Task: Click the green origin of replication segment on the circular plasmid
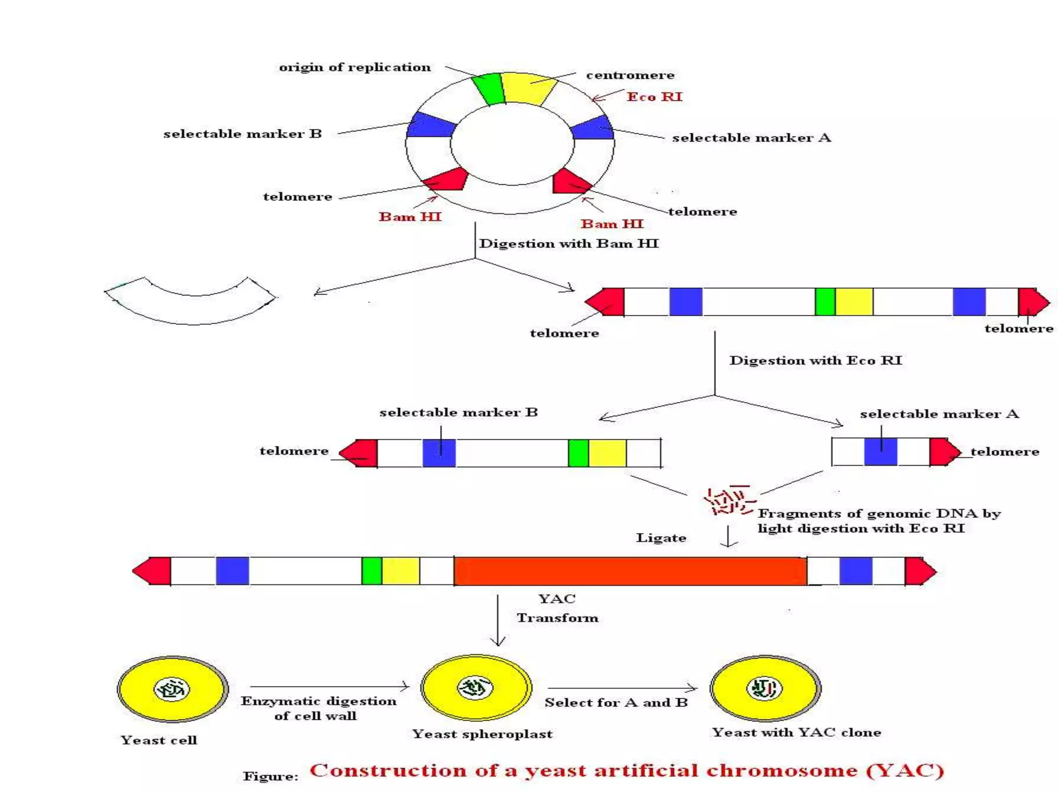[488, 89]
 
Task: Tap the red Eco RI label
[654, 97]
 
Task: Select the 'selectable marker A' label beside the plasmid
[751, 138]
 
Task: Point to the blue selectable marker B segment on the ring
[430, 125]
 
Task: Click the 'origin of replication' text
[354, 67]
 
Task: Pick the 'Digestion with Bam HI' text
[569, 243]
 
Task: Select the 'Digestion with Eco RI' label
[815, 360]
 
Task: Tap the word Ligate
[661, 537]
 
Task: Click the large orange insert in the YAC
[630, 571]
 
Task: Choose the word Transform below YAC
[557, 618]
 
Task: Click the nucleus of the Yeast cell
[172, 689]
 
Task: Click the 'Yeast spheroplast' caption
[482, 734]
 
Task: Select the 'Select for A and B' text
[616, 703]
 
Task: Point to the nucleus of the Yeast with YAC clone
[765, 688]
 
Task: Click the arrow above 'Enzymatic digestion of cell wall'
[329, 686]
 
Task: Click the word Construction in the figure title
[387, 770]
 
